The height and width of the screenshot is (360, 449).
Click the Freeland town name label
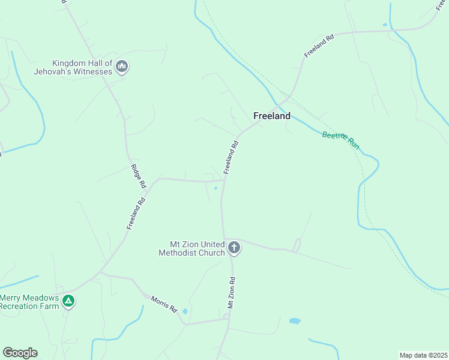(x=272, y=116)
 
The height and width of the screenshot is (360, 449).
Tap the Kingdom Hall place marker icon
(x=122, y=66)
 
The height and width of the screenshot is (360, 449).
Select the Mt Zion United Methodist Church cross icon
(x=234, y=247)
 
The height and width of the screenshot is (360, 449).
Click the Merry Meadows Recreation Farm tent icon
(x=69, y=301)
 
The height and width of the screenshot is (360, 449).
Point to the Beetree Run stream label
(x=340, y=140)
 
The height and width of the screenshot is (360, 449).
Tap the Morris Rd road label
(x=164, y=305)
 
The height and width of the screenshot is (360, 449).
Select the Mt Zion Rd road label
(x=231, y=293)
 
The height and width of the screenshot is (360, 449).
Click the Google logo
(x=20, y=352)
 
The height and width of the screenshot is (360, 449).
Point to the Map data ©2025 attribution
(x=423, y=355)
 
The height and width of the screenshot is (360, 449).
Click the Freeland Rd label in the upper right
(x=318, y=46)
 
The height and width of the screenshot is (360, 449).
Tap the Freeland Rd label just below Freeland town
(x=231, y=157)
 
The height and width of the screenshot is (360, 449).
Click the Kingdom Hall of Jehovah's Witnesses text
(x=82, y=67)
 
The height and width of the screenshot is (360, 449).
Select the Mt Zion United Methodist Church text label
(x=192, y=248)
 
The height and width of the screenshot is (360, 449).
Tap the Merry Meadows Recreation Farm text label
(x=30, y=302)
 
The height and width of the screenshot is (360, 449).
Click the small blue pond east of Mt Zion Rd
(x=294, y=321)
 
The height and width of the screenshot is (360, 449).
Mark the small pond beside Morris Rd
(x=184, y=311)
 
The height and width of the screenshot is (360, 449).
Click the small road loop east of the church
(x=296, y=245)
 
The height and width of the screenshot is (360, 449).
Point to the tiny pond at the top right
(x=385, y=25)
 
